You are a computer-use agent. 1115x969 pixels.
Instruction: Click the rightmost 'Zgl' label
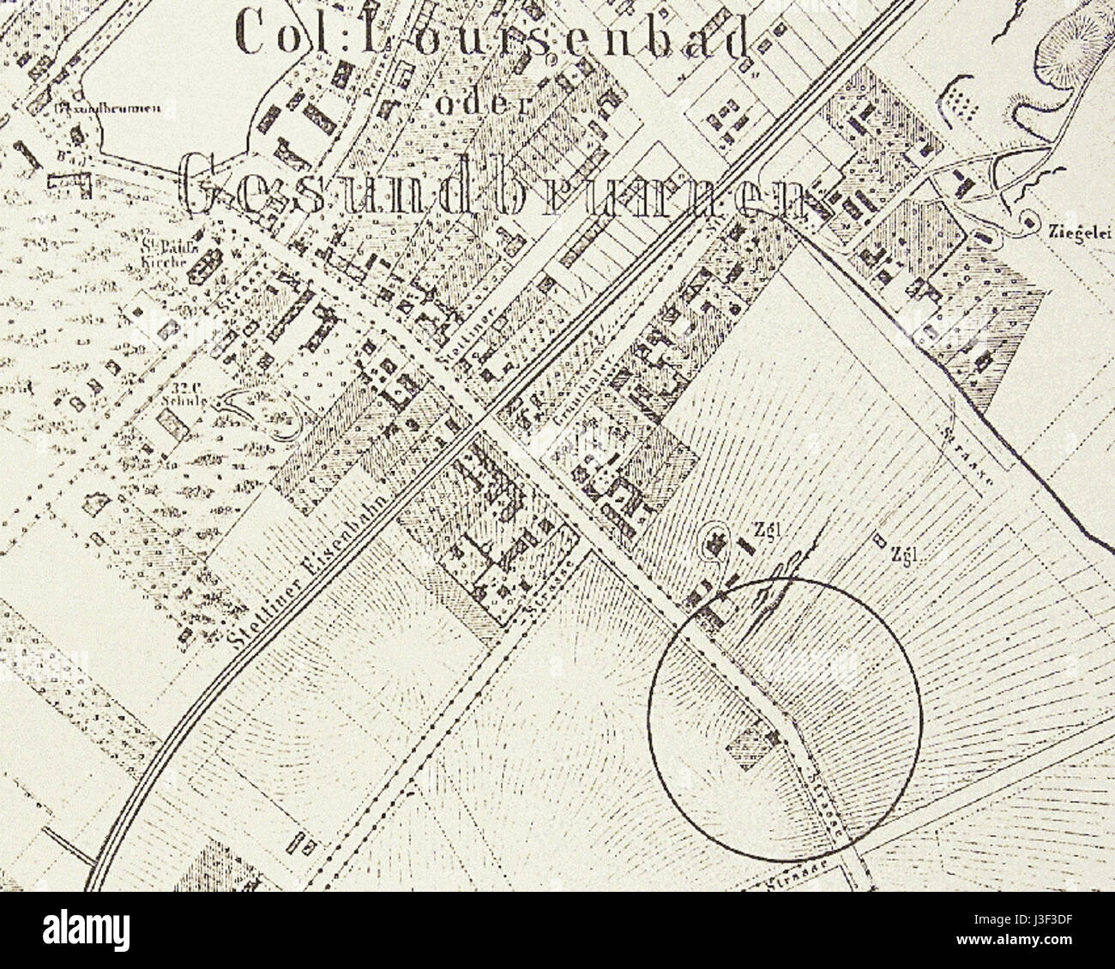click(905, 553)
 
